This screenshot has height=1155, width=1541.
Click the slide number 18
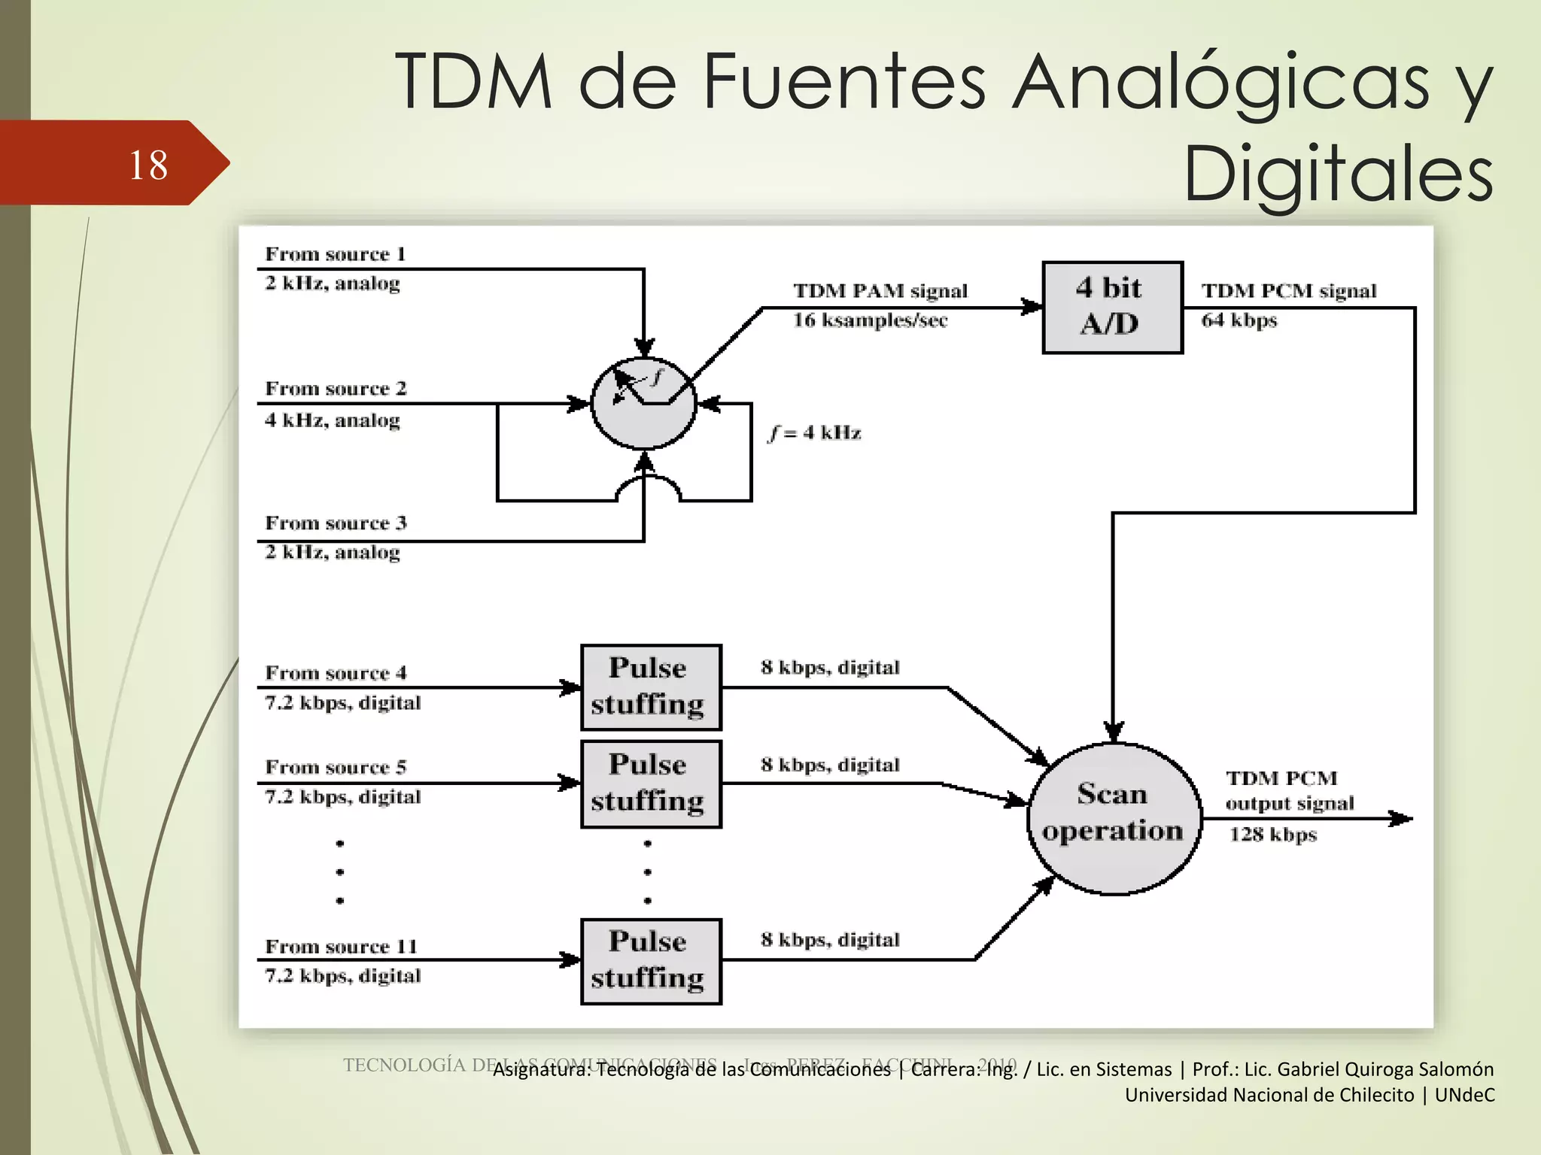(148, 165)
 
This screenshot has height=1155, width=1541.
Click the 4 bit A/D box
(1111, 307)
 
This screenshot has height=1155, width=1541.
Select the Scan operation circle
(1113, 818)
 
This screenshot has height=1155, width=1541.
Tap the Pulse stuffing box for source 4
(650, 687)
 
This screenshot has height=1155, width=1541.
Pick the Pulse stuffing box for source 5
(650, 784)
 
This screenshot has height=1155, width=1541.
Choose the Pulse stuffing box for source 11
(650, 960)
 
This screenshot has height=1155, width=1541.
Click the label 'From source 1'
(336, 254)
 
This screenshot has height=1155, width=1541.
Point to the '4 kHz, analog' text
(332, 420)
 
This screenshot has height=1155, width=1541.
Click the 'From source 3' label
(336, 523)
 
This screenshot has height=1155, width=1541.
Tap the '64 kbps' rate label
(1239, 320)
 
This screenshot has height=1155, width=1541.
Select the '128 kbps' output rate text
(1272, 834)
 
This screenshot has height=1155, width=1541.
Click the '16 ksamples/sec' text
(869, 320)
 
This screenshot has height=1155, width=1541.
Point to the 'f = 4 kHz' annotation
(815, 433)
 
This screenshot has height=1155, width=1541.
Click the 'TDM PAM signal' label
(880, 291)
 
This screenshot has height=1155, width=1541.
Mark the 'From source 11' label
(340, 946)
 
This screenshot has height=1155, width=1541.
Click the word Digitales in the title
(1338, 174)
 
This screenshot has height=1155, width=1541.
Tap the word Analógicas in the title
(1219, 83)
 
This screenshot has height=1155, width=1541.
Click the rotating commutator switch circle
(643, 404)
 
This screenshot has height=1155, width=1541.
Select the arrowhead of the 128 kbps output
(1401, 818)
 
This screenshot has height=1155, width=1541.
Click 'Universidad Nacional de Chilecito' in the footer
(1269, 1095)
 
